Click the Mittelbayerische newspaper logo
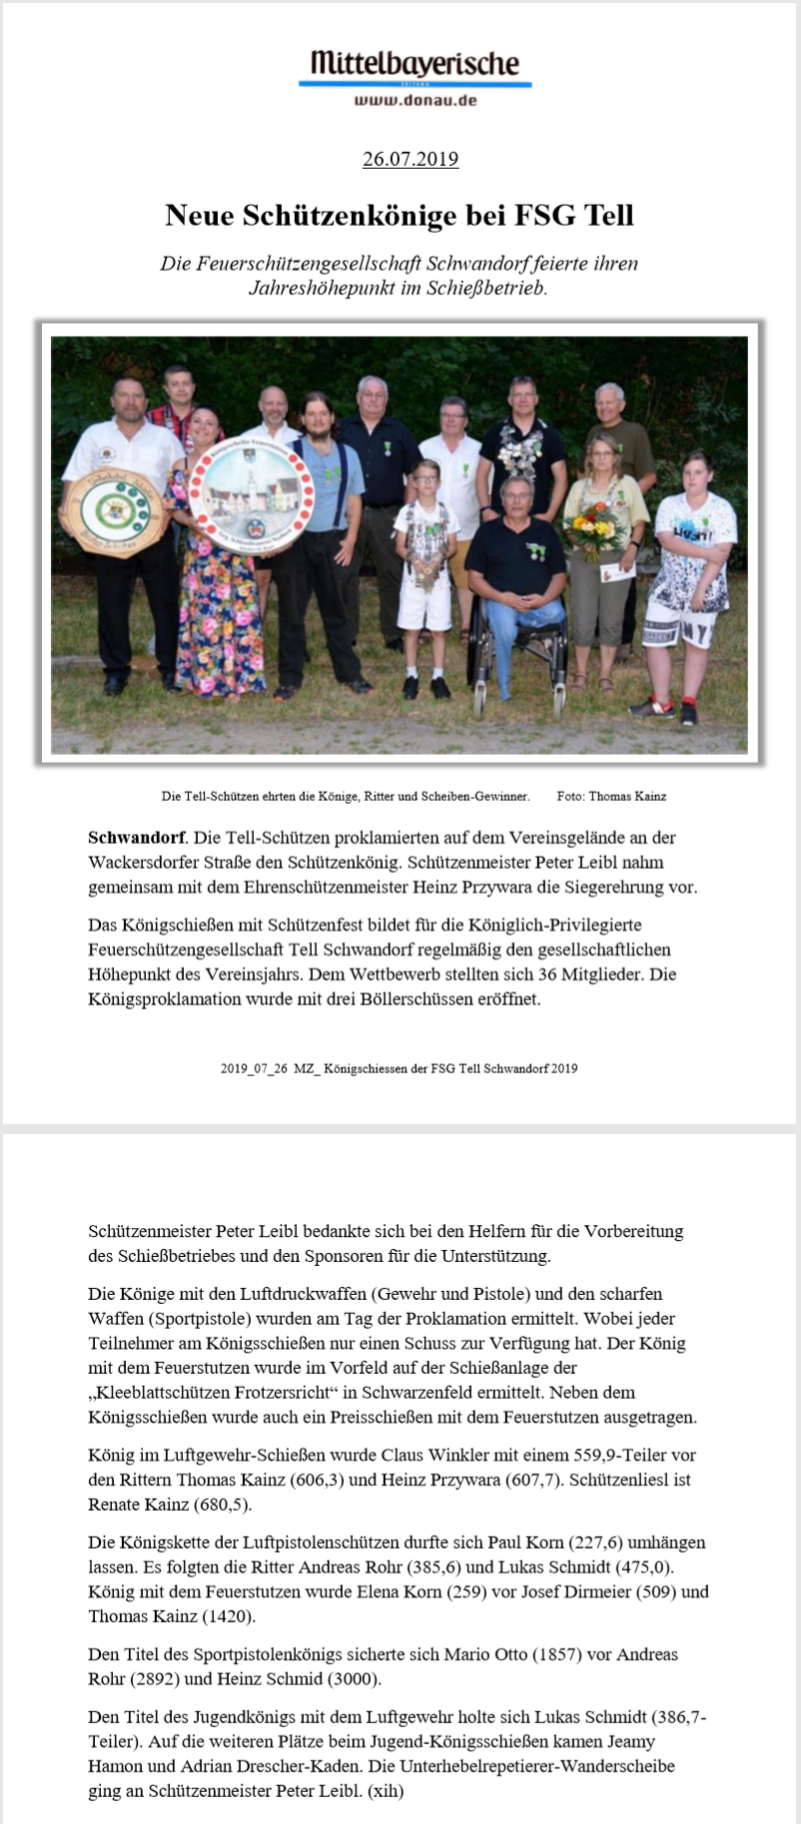(x=414, y=64)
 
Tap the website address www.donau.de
(x=414, y=100)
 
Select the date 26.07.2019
(x=409, y=159)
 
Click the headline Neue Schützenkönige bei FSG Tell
(x=400, y=215)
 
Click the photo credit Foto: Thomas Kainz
(x=611, y=797)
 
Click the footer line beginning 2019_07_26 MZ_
(x=399, y=1068)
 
